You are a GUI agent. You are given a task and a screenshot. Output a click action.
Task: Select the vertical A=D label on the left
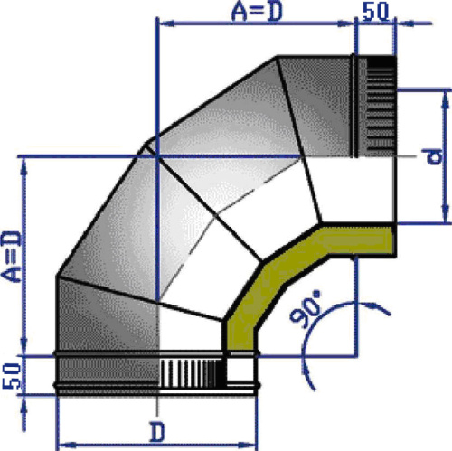pyautogui.click(x=12, y=258)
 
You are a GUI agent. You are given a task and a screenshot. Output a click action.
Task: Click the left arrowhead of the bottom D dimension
pyautogui.click(x=61, y=444)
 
